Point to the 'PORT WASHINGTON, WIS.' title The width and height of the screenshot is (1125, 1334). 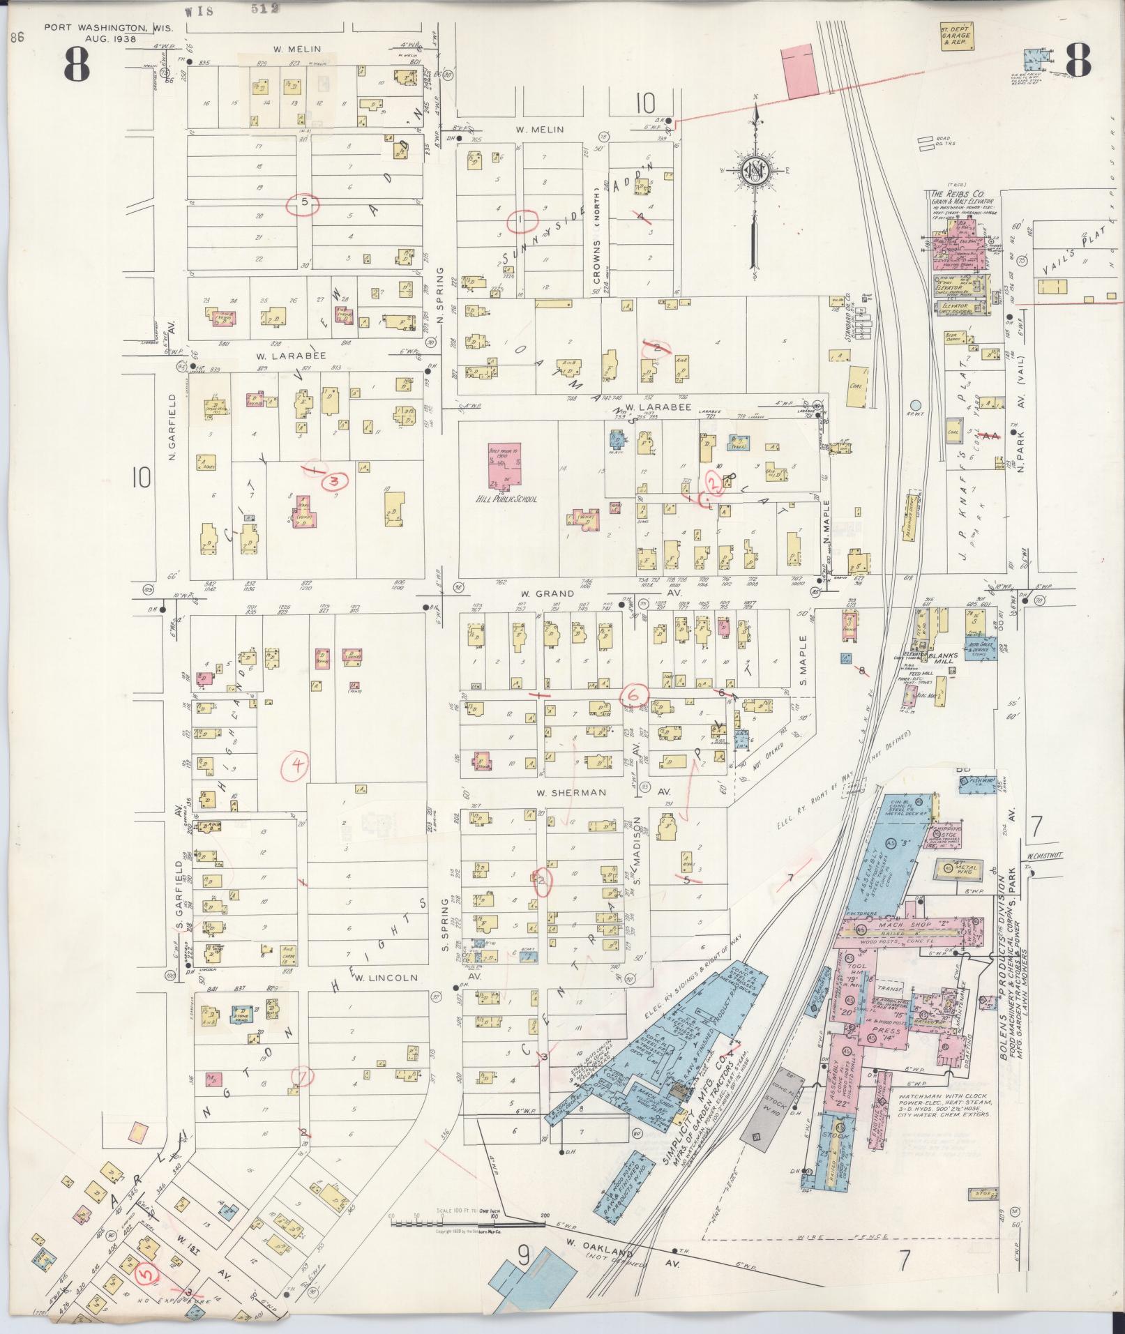coord(108,29)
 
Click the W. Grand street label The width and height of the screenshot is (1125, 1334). coord(545,594)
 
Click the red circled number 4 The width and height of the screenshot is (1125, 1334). coord(298,765)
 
